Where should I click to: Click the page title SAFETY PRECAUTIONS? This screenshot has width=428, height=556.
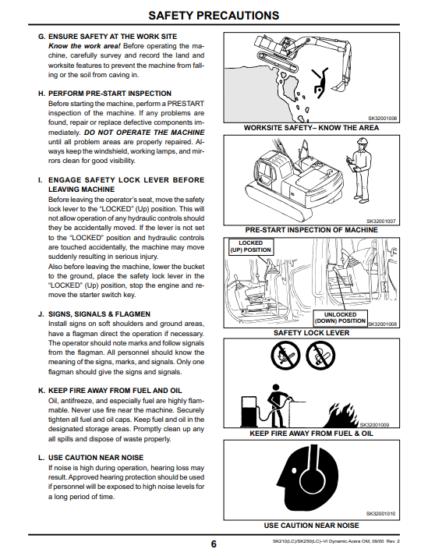(214, 16)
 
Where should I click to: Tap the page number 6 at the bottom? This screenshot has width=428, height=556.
(214, 544)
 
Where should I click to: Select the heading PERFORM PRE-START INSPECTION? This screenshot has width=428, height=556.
(110, 94)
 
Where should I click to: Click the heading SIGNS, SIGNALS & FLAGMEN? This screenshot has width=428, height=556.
(99, 314)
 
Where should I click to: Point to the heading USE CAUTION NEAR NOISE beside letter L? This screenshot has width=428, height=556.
(96, 458)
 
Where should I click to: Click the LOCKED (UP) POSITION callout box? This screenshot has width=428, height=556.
(251, 246)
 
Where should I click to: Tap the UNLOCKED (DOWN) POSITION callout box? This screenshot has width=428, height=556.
(340, 317)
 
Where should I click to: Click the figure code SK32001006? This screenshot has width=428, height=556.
(382, 119)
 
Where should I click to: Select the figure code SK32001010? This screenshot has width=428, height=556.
(380, 513)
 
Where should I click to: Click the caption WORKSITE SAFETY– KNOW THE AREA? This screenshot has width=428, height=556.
(311, 128)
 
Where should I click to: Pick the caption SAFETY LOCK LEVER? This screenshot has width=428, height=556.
(311, 333)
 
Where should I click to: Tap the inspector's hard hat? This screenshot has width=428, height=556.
(362, 141)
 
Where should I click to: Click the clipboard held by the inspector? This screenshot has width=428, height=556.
(350, 163)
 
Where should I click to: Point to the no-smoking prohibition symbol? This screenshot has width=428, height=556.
(320, 355)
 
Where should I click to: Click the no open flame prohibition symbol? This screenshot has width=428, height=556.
(285, 355)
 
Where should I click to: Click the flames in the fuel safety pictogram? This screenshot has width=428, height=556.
(341, 415)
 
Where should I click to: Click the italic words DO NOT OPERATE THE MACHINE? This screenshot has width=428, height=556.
(144, 133)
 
